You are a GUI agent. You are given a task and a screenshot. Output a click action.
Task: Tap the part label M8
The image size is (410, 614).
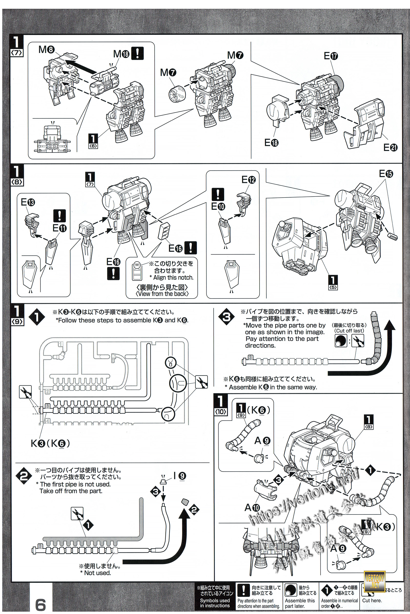point(46,49)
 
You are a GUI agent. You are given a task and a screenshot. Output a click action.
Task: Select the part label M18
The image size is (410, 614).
point(121,54)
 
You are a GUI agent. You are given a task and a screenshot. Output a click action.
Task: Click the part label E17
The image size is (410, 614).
point(331,56)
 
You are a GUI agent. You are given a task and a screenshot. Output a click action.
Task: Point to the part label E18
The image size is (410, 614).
point(271,142)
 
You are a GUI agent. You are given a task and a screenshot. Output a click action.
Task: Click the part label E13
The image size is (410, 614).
point(28,202)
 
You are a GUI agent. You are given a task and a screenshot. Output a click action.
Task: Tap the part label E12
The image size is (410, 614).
point(248,180)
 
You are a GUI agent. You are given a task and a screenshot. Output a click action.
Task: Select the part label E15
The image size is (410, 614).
point(386,174)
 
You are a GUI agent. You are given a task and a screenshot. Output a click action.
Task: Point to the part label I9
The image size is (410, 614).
point(180,476)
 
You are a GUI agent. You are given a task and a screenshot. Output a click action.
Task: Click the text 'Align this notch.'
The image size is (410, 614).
point(173,278)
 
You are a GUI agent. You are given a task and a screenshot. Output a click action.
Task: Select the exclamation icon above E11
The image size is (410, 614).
point(60,216)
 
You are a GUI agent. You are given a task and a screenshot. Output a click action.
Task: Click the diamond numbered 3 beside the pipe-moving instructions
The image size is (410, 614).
point(227,317)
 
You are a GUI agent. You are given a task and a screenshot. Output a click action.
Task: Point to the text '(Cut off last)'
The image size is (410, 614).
point(349,331)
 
